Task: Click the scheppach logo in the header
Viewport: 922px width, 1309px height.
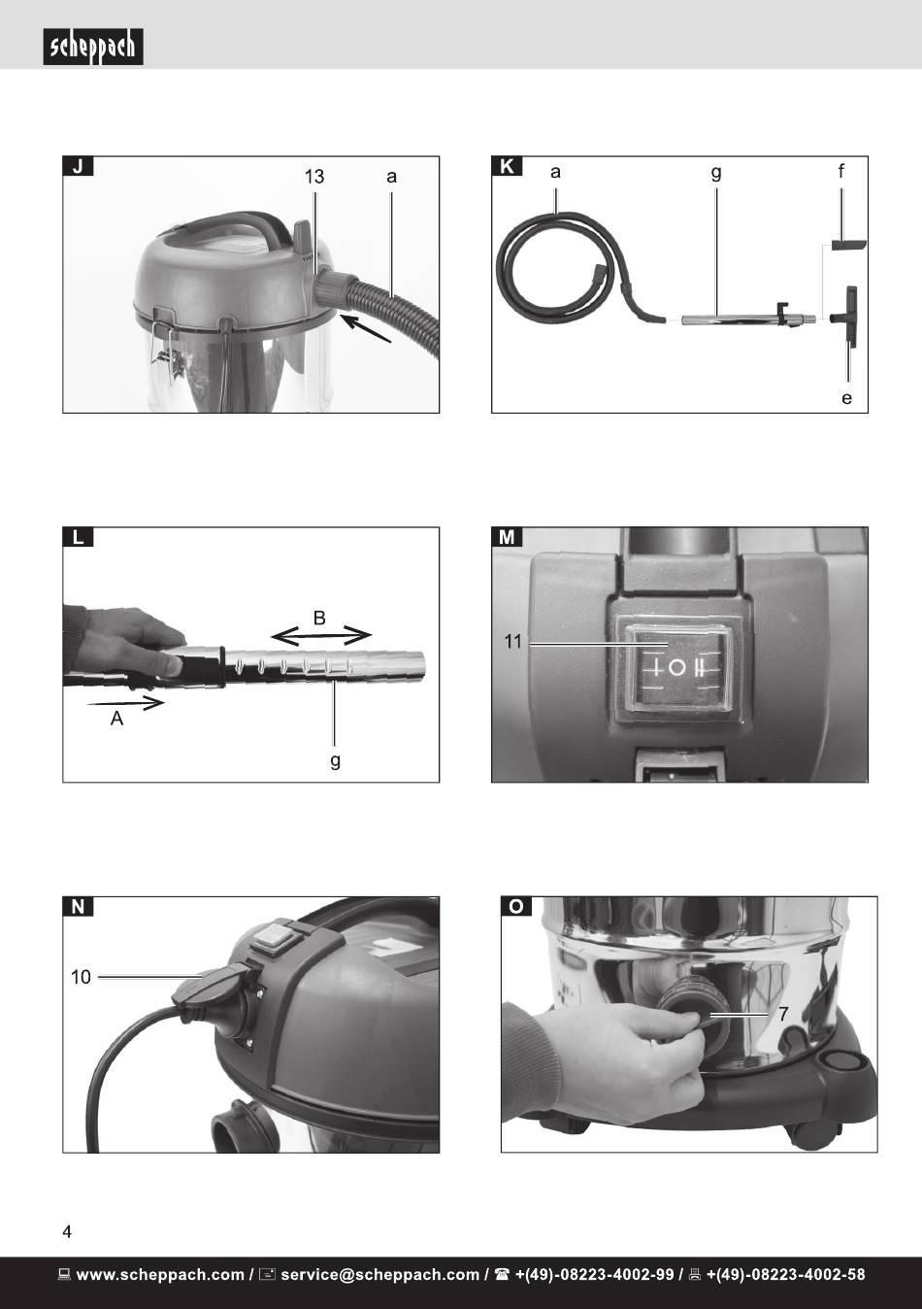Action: (93, 47)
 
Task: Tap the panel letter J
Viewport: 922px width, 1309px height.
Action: (78, 167)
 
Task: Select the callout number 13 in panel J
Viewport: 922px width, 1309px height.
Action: (314, 177)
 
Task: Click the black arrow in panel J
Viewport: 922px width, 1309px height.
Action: (366, 328)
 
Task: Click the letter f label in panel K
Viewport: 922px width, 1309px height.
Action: (840, 171)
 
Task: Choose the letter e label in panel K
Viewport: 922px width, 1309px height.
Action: (846, 398)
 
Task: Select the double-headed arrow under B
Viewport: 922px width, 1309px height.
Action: (321, 635)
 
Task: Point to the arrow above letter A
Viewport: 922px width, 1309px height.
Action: (125, 703)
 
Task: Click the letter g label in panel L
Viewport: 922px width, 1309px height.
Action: (335, 761)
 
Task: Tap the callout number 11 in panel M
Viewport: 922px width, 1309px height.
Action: (512, 642)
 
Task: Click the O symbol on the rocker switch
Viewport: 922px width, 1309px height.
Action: (676, 667)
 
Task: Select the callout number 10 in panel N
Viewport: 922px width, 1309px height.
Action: (81, 977)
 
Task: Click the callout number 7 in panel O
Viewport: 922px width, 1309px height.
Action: (783, 1013)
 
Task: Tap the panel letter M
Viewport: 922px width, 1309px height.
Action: (507, 536)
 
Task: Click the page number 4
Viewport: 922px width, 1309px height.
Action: (67, 1232)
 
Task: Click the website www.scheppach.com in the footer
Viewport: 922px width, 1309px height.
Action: (160, 1274)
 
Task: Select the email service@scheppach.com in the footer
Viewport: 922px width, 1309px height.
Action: (380, 1274)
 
